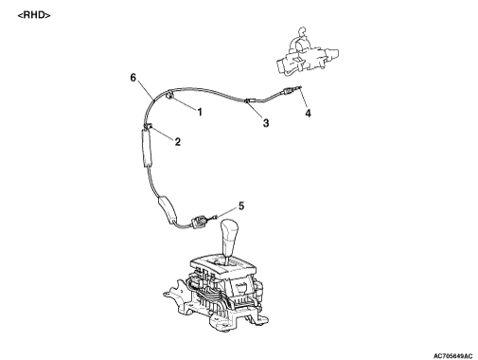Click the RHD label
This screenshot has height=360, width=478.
pyautogui.click(x=34, y=15)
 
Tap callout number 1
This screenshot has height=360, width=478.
pyautogui.click(x=200, y=112)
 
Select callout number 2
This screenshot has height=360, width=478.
pyautogui.click(x=178, y=142)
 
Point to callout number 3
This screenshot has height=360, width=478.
pyautogui.click(x=266, y=123)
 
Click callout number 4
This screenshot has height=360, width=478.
pyautogui.click(x=308, y=113)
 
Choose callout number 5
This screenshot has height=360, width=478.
pyautogui.click(x=241, y=206)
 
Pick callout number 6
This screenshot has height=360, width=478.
pyautogui.click(x=133, y=77)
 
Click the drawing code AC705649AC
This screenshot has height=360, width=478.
pyautogui.click(x=453, y=356)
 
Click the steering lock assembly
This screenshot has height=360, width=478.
pyautogui.click(x=307, y=54)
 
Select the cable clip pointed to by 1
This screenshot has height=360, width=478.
pyautogui.click(x=169, y=95)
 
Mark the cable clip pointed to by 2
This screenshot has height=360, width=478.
pyautogui.click(x=148, y=126)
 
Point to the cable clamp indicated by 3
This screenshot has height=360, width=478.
pyautogui.click(x=248, y=100)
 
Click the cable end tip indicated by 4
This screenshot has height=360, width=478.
pyautogui.click(x=299, y=88)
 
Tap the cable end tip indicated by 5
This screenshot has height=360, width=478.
pyautogui.click(x=215, y=217)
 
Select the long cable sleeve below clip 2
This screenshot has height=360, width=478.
pyautogui.click(x=146, y=148)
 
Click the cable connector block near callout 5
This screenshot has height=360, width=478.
pyautogui.click(x=200, y=221)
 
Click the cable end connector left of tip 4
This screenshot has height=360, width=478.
pyautogui.click(x=288, y=91)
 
